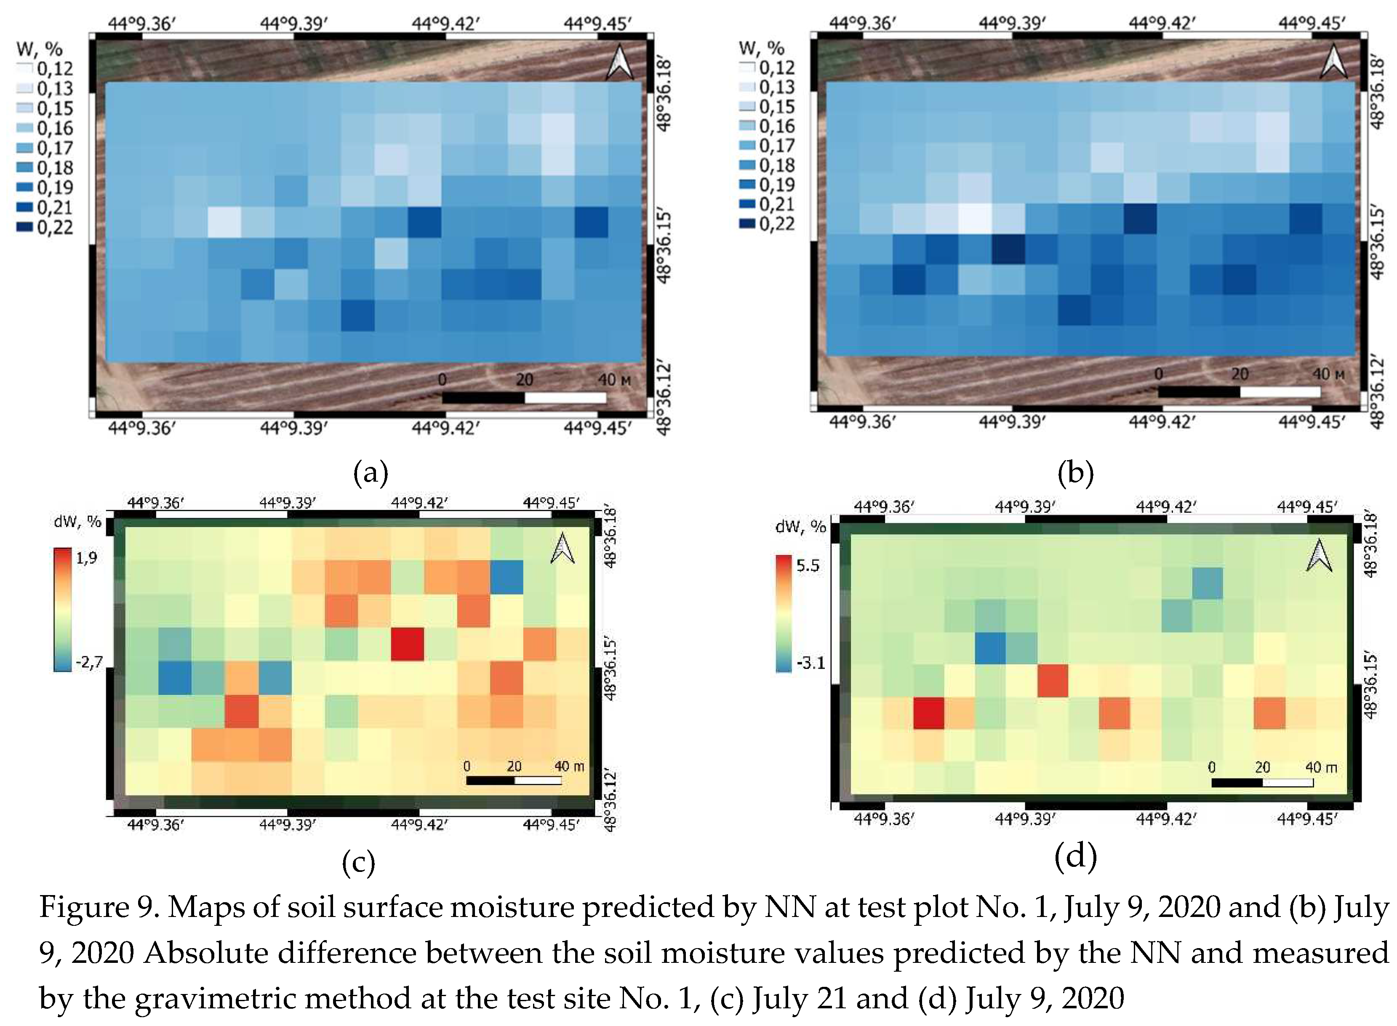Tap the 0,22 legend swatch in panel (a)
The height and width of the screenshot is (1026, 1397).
[x=25, y=227]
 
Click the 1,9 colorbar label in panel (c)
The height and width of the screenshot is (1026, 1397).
[x=86, y=558]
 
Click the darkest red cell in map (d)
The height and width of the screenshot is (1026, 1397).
[x=929, y=712]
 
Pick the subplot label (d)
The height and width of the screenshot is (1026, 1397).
[x=1075, y=856]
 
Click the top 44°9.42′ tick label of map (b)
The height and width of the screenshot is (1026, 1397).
[x=1162, y=24]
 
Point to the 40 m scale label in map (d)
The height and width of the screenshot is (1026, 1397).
[x=1321, y=767]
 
